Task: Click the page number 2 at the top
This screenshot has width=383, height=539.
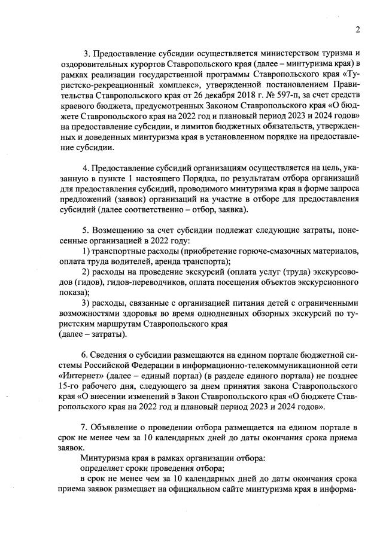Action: coord(357,29)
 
